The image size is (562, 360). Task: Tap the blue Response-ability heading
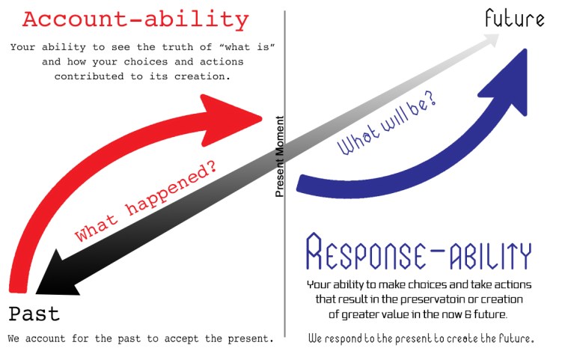419,252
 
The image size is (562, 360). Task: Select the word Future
514,19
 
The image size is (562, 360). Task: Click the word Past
34,314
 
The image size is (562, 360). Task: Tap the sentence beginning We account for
141,338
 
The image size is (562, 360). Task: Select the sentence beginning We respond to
421,338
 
